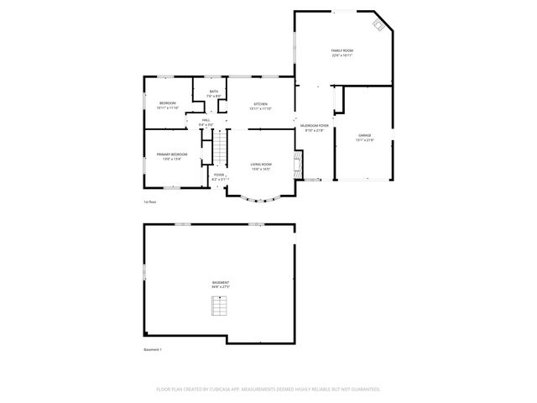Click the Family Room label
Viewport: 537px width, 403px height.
pos(341,51)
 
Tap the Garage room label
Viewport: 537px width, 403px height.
pos(364,135)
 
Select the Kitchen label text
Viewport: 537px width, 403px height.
pos(261,104)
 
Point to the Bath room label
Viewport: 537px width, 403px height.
pos(214,92)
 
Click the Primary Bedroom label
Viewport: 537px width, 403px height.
pos(171,154)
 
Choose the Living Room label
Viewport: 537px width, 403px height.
pos(261,165)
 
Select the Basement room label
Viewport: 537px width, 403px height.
pos(220,282)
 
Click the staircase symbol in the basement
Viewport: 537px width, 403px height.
pos(219,308)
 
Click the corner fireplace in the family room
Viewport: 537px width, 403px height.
pos(379,25)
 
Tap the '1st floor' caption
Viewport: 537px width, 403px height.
pos(150,201)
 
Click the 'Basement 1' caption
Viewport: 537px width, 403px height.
pos(153,349)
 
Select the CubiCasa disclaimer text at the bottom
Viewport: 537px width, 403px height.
pos(268,389)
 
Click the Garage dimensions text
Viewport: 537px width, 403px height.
pos(364,139)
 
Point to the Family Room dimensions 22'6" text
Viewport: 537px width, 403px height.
pos(341,56)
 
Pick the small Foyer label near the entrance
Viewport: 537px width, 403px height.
pos(218,175)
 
